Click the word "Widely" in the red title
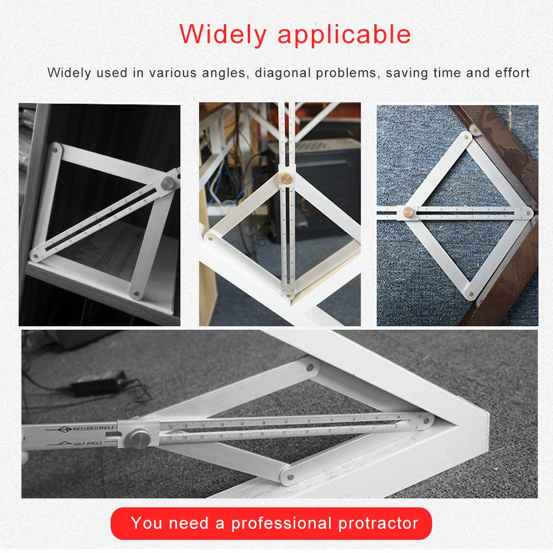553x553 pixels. (x=223, y=35)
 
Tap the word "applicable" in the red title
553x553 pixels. (x=344, y=35)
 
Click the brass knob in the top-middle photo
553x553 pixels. (x=287, y=179)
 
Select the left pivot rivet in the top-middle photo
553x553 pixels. (x=211, y=238)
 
